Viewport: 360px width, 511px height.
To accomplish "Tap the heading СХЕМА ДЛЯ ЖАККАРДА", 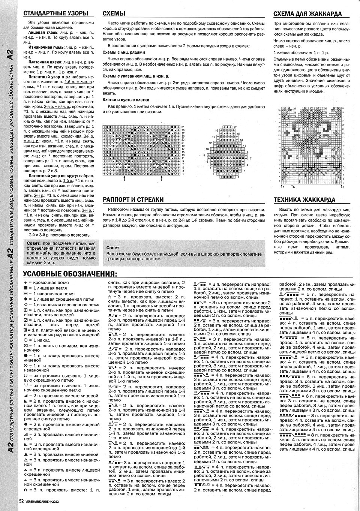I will point(307,14).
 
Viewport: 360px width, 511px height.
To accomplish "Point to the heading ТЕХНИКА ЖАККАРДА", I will point(304,200).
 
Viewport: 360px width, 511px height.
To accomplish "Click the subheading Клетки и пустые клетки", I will point(126,100).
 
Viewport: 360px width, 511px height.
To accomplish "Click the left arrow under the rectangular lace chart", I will point(124,179).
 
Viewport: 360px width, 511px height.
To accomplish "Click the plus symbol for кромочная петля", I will point(25,282).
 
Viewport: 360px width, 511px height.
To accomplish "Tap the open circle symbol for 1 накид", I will point(25,340).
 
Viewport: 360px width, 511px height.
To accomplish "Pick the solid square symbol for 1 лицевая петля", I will point(25,288).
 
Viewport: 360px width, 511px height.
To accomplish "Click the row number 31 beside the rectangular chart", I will point(183,127).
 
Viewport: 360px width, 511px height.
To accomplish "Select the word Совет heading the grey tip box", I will point(112,248).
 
